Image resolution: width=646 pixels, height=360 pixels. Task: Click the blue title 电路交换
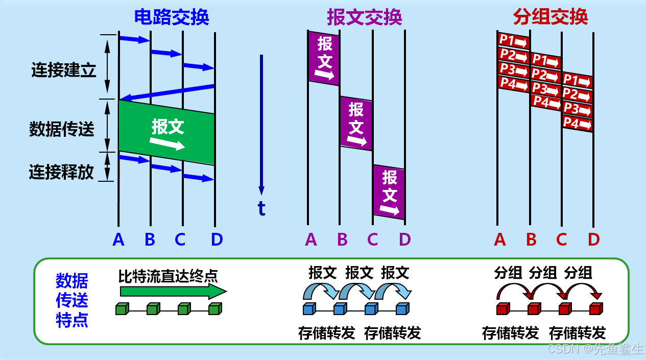coord(172,17)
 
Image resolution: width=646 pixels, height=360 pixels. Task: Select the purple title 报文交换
coord(364,17)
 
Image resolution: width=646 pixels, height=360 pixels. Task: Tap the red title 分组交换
coord(551,17)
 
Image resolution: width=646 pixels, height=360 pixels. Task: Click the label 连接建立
coord(63,70)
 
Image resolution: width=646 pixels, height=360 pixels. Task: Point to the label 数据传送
coord(62,129)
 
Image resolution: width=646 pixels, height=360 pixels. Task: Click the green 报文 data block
coord(166,133)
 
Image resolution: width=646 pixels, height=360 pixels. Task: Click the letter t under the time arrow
coord(261,208)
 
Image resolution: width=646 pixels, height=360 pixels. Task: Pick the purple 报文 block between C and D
coord(389,192)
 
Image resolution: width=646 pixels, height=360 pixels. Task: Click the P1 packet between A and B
coord(513,40)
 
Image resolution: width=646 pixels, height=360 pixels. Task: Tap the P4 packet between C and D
coord(577,123)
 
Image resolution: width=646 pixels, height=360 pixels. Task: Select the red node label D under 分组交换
coord(593,239)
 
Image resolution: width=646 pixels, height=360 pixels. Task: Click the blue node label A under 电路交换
coord(118,239)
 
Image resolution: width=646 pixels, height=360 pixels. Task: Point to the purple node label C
coord(372,239)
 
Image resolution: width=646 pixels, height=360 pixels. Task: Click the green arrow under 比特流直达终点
coord(173,291)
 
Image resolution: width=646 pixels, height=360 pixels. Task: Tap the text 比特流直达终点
coord(168,276)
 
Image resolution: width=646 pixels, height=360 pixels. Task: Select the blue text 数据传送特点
coord(72,300)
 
